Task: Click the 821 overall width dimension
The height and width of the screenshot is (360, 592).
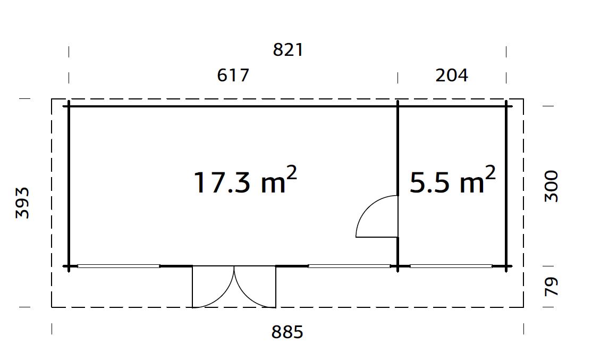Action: click(x=287, y=50)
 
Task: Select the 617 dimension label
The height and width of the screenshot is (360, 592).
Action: click(x=233, y=76)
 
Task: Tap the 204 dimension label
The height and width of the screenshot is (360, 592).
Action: click(x=452, y=76)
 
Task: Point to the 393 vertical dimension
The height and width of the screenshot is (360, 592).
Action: click(x=22, y=203)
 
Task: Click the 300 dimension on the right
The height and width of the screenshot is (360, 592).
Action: click(x=552, y=186)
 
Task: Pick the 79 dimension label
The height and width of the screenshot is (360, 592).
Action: click(x=552, y=287)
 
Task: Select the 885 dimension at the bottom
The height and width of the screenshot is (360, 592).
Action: click(x=287, y=332)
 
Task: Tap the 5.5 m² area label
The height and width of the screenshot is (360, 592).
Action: click(x=452, y=182)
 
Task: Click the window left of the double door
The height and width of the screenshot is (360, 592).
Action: click(x=119, y=266)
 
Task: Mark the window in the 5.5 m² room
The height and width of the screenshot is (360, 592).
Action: click(x=451, y=266)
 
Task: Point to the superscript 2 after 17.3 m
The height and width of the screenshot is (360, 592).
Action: click(x=291, y=174)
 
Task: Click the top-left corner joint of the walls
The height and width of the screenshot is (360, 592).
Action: click(x=69, y=106)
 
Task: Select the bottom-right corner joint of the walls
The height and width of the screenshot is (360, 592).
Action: click(x=506, y=266)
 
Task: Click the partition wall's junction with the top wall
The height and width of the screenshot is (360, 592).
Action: click(x=398, y=106)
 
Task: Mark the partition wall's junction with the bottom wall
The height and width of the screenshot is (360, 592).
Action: click(x=398, y=266)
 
